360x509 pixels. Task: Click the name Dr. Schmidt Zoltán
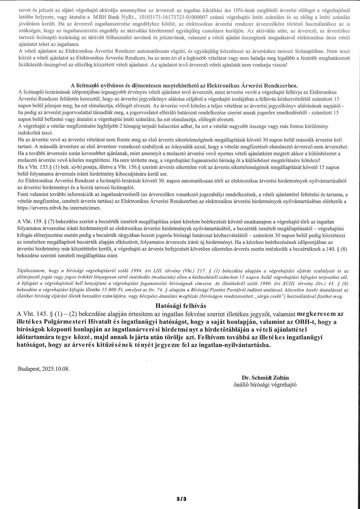click(265, 377)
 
